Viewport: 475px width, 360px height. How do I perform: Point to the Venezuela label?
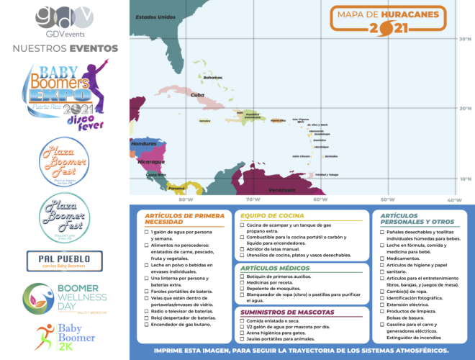[262, 189]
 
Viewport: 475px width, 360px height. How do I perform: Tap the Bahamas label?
[213, 77]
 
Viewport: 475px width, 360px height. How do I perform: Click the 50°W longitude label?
[387, 199]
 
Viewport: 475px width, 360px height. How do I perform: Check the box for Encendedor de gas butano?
[147, 325]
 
